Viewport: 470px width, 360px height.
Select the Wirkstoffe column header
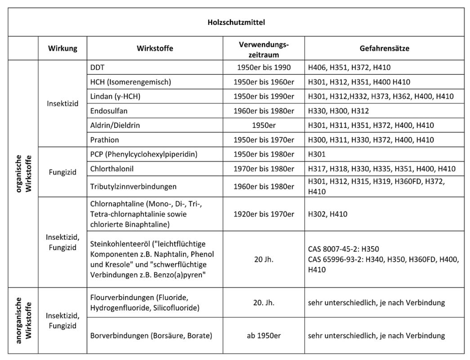155,49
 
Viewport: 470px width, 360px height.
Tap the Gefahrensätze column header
384,49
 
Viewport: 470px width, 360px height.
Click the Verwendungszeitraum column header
264,49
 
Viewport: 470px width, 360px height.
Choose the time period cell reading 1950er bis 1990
264,67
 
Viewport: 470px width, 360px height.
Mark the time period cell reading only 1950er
264,125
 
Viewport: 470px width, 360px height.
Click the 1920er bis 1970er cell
264,214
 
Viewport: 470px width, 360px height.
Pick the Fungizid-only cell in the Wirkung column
62,172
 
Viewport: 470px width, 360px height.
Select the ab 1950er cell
264,335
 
